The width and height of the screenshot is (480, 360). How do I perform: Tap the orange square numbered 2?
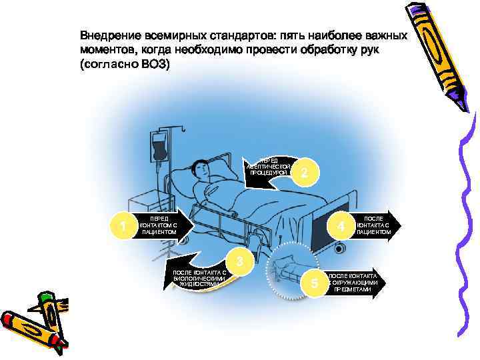coord(304,173)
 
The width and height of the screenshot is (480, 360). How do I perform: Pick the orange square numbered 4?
coord(341,227)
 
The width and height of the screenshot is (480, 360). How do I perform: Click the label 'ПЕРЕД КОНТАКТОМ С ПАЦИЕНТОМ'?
coord(159,226)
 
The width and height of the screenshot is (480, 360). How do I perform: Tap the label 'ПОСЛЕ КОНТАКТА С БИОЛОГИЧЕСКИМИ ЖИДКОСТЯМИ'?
coord(199,278)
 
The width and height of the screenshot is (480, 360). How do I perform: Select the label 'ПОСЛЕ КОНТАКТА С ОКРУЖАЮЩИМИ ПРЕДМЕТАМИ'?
coord(353,283)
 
